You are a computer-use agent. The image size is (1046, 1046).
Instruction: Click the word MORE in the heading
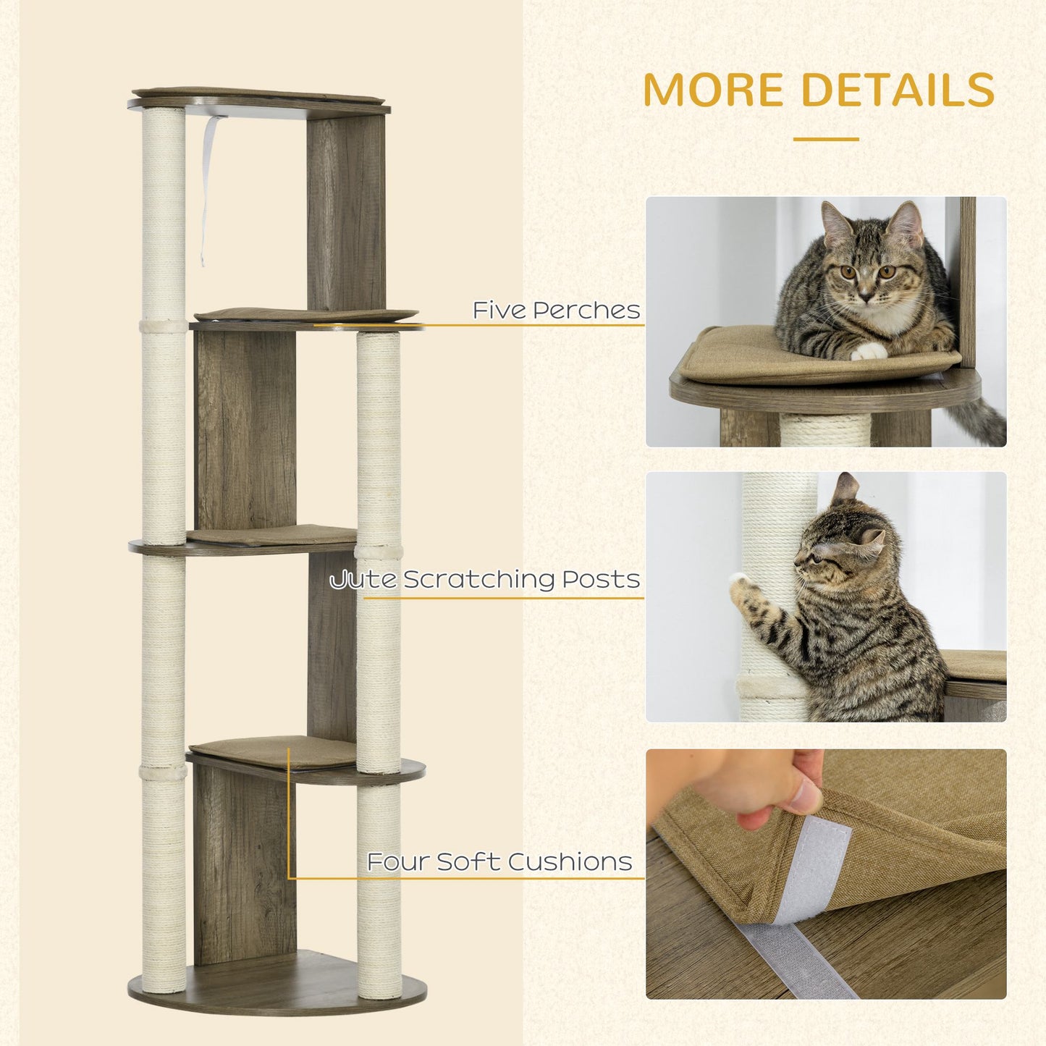point(714,90)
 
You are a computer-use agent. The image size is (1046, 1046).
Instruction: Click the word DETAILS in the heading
point(898,90)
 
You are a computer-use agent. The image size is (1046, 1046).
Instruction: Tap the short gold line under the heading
point(825,139)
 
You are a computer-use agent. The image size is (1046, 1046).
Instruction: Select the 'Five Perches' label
point(556,311)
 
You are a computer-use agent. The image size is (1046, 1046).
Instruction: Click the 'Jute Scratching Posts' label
point(485,580)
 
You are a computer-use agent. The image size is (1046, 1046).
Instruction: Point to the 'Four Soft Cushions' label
point(499,862)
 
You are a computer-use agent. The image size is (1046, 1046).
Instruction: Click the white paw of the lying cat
point(868,351)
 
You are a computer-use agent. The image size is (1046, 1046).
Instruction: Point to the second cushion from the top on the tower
point(304,314)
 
